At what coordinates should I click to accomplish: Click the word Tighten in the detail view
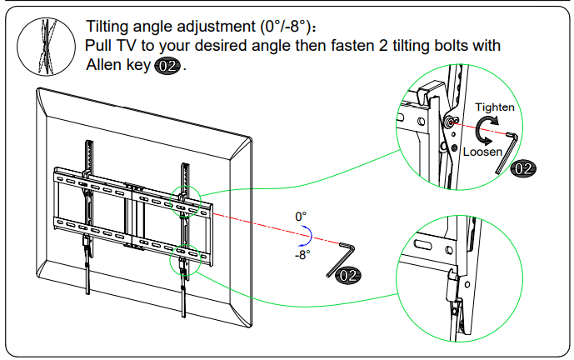(x=494, y=107)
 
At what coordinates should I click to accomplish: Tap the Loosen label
(x=482, y=152)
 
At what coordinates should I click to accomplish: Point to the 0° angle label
(x=301, y=217)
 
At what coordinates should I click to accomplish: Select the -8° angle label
(x=302, y=255)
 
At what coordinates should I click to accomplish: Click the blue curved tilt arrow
(x=309, y=235)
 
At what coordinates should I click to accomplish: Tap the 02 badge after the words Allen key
(x=167, y=66)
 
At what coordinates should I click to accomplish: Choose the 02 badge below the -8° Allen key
(x=349, y=274)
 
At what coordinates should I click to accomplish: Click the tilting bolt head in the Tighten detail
(x=451, y=122)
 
